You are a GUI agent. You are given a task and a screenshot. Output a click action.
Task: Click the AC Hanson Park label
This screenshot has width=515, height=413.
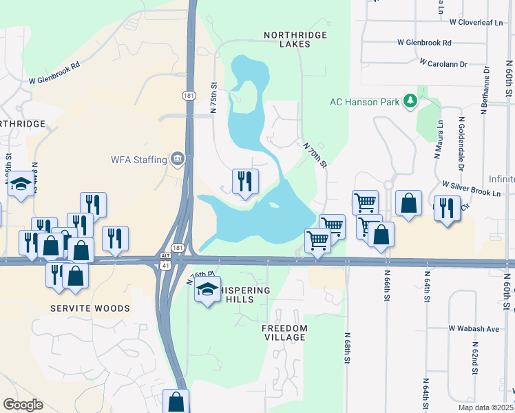coord(364,103)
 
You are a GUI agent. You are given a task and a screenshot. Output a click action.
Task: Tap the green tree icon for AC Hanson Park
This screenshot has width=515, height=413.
coord(410,102)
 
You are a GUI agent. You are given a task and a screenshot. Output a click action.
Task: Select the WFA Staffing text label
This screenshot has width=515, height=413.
coord(139,160)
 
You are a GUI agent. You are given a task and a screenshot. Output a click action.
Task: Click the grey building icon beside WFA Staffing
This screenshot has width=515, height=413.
coord(178,160)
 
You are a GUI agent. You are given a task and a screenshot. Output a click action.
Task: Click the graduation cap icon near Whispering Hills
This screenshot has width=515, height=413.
coord(207,291)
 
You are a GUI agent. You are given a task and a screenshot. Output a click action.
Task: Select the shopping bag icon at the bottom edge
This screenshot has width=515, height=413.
coord(176,401)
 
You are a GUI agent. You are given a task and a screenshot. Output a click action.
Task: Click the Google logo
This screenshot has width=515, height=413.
coord(23,405)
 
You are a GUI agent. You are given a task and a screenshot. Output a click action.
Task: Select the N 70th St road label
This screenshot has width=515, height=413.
coord(314,154)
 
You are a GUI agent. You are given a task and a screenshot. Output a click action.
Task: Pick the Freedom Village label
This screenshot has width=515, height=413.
coord(284,333)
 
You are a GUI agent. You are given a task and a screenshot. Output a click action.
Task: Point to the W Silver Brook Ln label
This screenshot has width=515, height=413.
coord(472,189)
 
